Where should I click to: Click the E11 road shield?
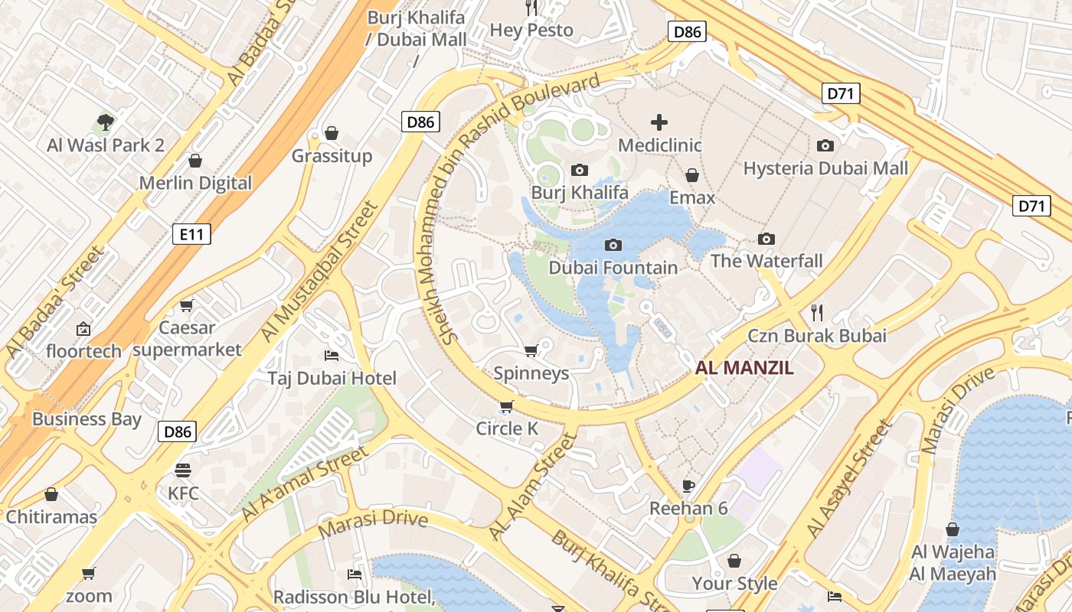pyautogui.click(x=191, y=234)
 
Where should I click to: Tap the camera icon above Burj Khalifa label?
pyautogui.click(x=580, y=170)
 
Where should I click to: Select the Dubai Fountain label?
pyautogui.click(x=613, y=268)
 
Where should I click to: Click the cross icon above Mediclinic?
pyautogui.click(x=659, y=122)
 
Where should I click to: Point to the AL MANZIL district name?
pyautogui.click(x=744, y=368)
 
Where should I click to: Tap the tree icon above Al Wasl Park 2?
pyautogui.click(x=106, y=122)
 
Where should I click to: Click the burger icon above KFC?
pyautogui.click(x=182, y=470)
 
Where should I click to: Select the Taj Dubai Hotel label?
pyautogui.click(x=332, y=378)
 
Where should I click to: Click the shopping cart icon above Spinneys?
pyautogui.click(x=531, y=350)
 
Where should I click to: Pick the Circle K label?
pyautogui.click(x=507, y=428)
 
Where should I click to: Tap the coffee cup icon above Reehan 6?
pyautogui.click(x=688, y=486)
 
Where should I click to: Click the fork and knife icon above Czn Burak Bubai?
pyautogui.click(x=817, y=312)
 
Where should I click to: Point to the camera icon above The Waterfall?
pyautogui.click(x=766, y=239)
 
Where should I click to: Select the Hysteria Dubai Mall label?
pyautogui.click(x=825, y=168)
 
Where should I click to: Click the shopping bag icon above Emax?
pyautogui.click(x=692, y=175)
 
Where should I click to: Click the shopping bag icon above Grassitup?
pyautogui.click(x=332, y=133)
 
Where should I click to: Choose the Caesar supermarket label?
pyautogui.click(x=187, y=339)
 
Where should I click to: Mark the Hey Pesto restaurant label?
pyautogui.click(x=531, y=31)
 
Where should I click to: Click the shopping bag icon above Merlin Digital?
pyautogui.click(x=195, y=161)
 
